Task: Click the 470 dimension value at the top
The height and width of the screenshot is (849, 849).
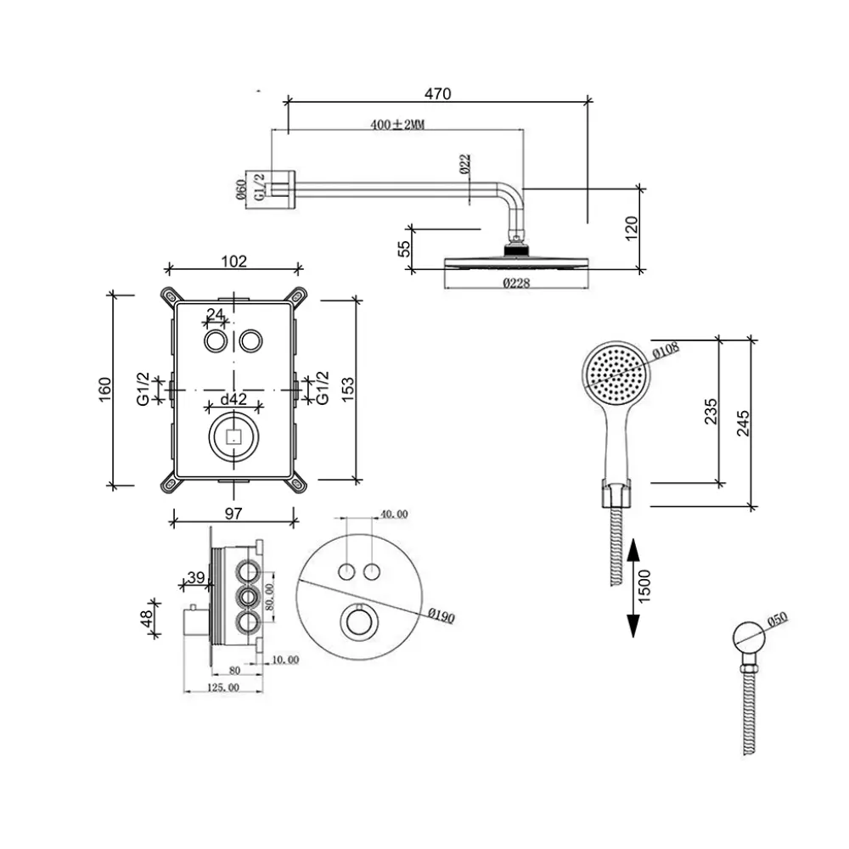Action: pos(438,93)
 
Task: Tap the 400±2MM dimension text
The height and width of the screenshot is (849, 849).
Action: pos(397,124)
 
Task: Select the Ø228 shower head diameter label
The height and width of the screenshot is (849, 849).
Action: pos(515,284)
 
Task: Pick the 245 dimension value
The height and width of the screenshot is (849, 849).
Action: pos(744,423)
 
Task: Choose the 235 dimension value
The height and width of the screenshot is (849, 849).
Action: pos(711,412)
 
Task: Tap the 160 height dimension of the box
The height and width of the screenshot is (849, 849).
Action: pos(104,390)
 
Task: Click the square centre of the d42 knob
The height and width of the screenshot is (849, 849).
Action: pos(233,437)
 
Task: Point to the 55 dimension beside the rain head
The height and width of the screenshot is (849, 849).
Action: pos(404,248)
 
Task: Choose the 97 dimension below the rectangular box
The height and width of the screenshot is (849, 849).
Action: pos(234,512)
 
